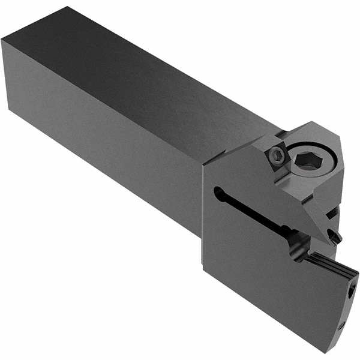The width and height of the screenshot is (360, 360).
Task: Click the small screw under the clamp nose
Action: click(x=334, y=237)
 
